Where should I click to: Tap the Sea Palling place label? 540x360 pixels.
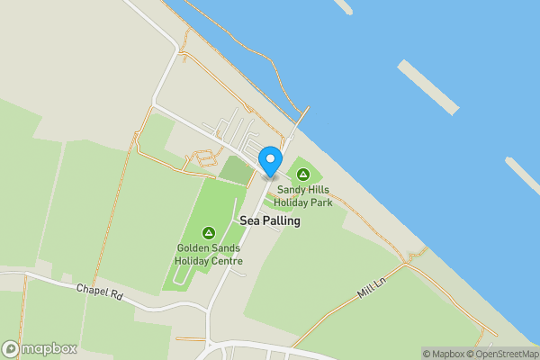click(x=270, y=220)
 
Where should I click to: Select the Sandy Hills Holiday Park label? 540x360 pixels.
click(x=304, y=196)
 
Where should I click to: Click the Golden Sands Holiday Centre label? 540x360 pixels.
click(x=209, y=255)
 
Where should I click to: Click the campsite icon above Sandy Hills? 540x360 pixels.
click(x=303, y=173)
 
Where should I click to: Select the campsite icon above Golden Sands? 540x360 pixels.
click(x=209, y=232)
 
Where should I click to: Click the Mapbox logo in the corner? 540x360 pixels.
click(x=40, y=349)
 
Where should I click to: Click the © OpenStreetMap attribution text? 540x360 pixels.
click(x=507, y=354)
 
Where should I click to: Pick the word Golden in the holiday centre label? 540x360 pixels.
click(x=192, y=248)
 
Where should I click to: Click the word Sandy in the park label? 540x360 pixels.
click(x=290, y=190)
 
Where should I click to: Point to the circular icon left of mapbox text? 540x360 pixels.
click(x=11, y=349)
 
